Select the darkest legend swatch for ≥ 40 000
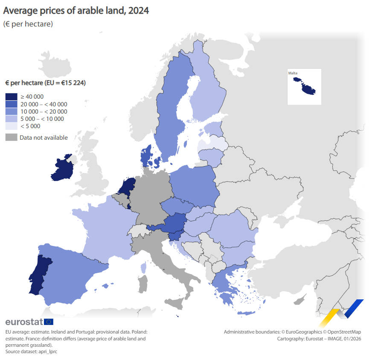(x=11, y=97)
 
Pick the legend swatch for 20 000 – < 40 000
(x=11, y=104)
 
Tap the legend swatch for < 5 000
(x=11, y=126)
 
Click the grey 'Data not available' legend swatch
(x=11, y=137)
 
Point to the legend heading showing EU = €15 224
(x=45, y=83)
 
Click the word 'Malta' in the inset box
(x=293, y=73)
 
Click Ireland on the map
(x=62, y=169)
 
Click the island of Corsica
(x=143, y=268)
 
